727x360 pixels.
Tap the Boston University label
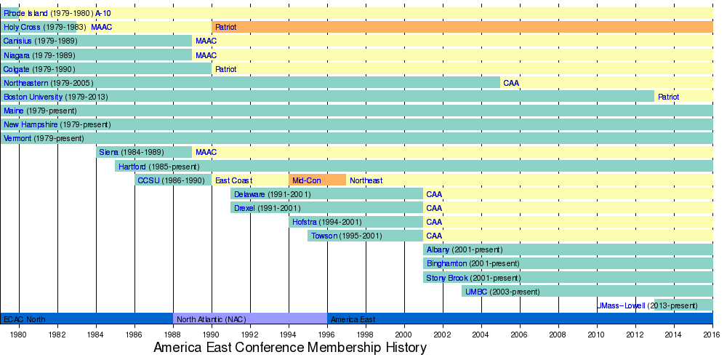click(33, 97)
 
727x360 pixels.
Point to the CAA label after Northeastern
click(511, 83)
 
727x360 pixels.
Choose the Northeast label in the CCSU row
click(366, 180)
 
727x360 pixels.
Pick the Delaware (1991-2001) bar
click(326, 194)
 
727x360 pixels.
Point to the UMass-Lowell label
click(620, 305)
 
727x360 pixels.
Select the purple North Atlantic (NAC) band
click(250, 319)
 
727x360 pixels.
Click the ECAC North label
click(24, 319)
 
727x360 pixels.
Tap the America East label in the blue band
click(353, 319)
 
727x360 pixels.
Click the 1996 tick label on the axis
click(327, 335)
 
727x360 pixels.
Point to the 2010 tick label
click(597, 335)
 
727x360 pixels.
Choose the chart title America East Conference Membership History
click(289, 348)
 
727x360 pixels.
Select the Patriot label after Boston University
click(668, 97)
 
